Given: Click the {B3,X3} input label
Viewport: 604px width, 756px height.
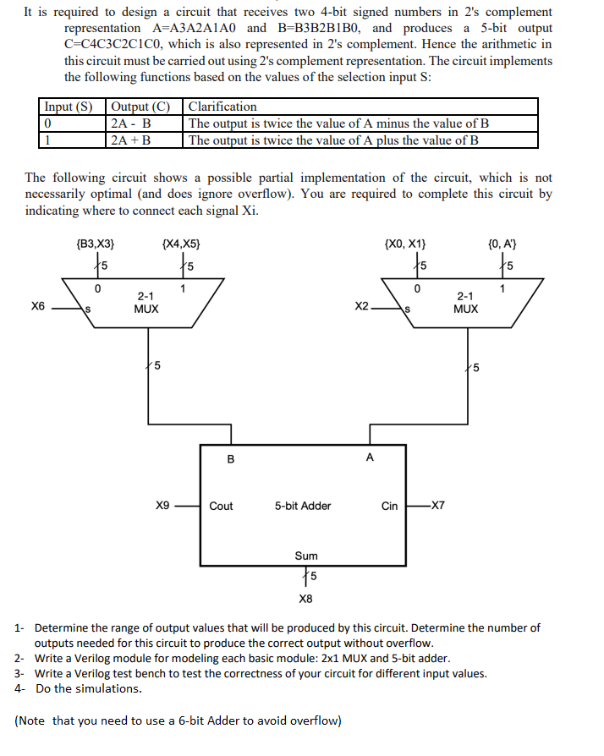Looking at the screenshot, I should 96,244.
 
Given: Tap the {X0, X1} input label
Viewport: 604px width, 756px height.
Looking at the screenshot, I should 405,244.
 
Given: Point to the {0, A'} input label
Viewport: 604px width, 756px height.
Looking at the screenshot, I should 503,244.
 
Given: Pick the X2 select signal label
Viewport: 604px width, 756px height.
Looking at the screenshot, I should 362,306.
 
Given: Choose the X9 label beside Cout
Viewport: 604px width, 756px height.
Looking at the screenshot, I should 162,506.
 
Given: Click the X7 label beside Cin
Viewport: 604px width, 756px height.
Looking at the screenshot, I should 437,506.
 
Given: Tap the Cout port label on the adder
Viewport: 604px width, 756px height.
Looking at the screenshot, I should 222,506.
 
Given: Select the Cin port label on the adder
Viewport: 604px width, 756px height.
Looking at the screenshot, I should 389,506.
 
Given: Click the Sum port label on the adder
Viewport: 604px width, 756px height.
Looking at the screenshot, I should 306,556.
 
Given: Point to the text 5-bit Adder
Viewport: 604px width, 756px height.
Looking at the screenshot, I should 303,506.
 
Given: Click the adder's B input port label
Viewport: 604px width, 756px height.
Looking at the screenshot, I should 231,460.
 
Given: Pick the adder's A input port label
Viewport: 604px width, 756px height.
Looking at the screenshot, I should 369,457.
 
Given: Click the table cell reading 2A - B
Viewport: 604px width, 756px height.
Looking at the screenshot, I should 130,123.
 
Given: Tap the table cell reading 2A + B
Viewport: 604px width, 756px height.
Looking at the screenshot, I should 131,140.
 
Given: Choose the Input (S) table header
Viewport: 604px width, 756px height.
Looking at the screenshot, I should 69,107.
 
